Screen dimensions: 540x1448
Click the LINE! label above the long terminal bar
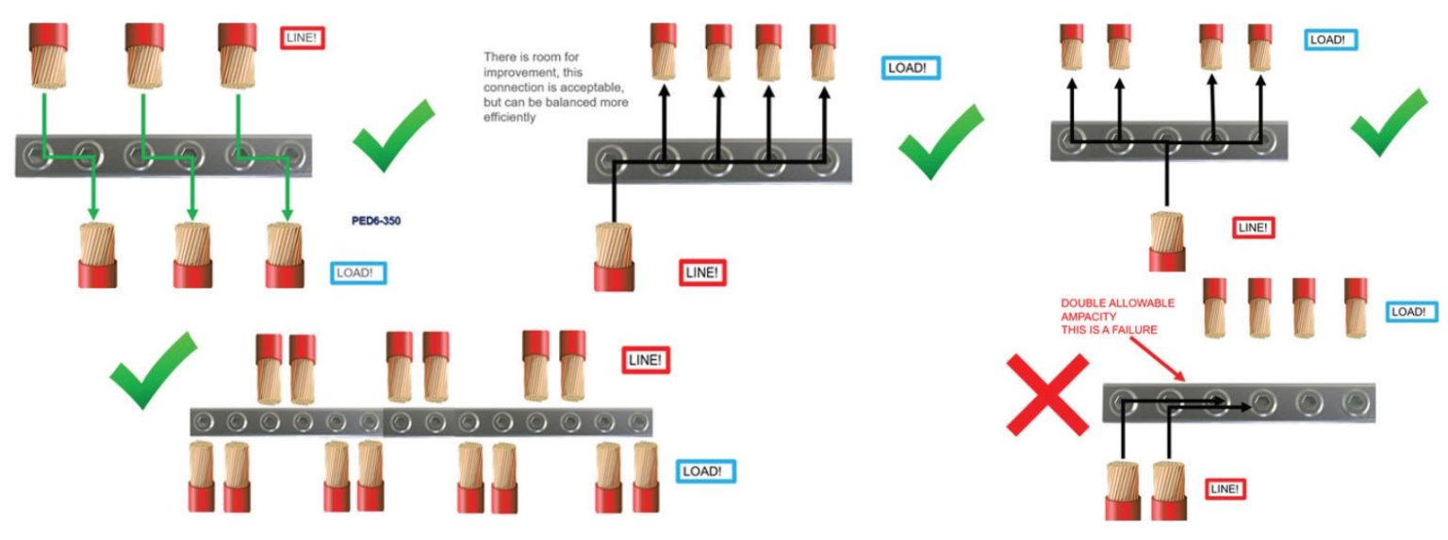coord(646,359)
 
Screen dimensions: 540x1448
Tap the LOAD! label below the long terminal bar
coord(706,470)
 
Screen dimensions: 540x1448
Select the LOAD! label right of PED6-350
coord(358,273)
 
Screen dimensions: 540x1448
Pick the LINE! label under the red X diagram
coord(1226,488)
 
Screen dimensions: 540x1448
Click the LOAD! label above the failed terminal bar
coord(1412,311)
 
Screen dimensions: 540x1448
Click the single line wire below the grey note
coord(615,256)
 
